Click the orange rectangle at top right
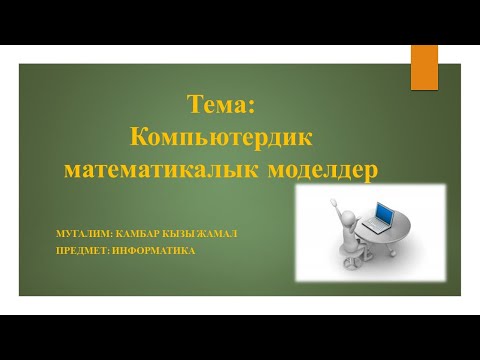(x=424, y=68)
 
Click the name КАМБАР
(x=146, y=234)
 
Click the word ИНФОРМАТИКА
(x=156, y=250)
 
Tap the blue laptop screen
(x=382, y=212)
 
